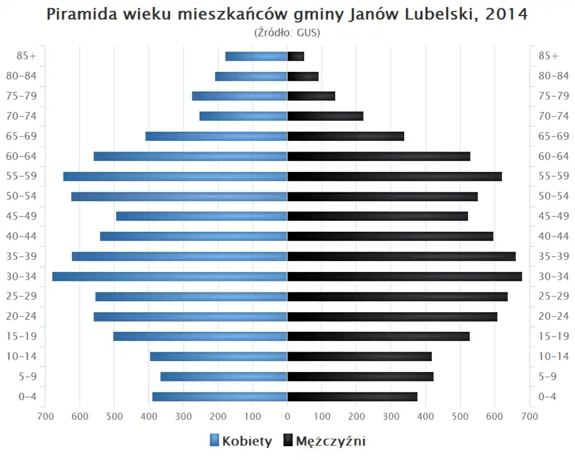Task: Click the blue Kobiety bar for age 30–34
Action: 170,276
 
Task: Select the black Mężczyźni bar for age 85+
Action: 296,56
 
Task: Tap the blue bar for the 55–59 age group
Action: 175,176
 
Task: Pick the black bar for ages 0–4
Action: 352,397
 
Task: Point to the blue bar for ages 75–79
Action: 240,96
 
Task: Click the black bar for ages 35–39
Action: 401,256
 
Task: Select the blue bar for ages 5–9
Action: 223,376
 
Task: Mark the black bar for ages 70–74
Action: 325,116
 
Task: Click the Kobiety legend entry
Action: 241,441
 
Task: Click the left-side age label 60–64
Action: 22,156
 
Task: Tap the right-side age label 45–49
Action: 553,216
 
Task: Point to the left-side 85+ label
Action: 26,56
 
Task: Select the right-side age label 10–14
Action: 553,356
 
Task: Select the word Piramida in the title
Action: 81,14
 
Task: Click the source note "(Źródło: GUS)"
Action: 287,32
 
